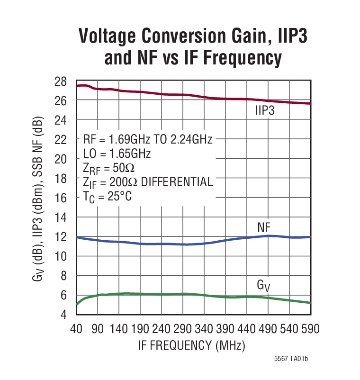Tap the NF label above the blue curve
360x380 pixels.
tap(264, 227)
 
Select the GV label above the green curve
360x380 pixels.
tap(263, 285)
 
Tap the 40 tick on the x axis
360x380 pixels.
tap(76, 329)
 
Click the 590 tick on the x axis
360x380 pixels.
tap(310, 329)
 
